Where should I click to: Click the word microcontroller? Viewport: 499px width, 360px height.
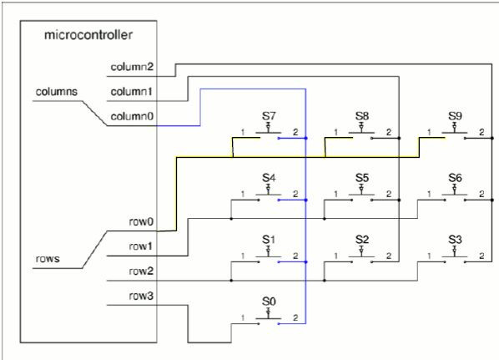[88, 35]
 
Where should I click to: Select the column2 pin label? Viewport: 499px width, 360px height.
[132, 67]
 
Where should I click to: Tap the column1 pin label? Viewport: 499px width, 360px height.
[131, 92]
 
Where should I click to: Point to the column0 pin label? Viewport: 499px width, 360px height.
[132, 117]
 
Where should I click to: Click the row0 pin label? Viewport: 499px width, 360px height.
[141, 221]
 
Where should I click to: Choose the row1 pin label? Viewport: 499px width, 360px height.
[140, 246]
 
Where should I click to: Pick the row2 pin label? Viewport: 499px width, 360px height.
[141, 271]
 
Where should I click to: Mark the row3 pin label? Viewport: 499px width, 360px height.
[141, 296]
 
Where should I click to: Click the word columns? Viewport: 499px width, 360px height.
[57, 92]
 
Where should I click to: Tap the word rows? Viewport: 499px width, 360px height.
[48, 259]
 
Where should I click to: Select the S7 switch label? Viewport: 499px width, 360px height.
[269, 116]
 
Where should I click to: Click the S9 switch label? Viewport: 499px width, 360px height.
[455, 116]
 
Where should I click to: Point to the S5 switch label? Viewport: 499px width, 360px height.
[362, 178]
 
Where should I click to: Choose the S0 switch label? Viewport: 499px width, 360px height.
[269, 302]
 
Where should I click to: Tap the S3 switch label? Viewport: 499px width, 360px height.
[455, 240]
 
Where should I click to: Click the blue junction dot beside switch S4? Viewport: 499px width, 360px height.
[306, 200]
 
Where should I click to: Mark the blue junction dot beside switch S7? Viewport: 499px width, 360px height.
[306, 139]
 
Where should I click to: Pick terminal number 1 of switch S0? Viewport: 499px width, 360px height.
[243, 317]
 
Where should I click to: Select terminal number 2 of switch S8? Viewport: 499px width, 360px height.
[389, 132]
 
